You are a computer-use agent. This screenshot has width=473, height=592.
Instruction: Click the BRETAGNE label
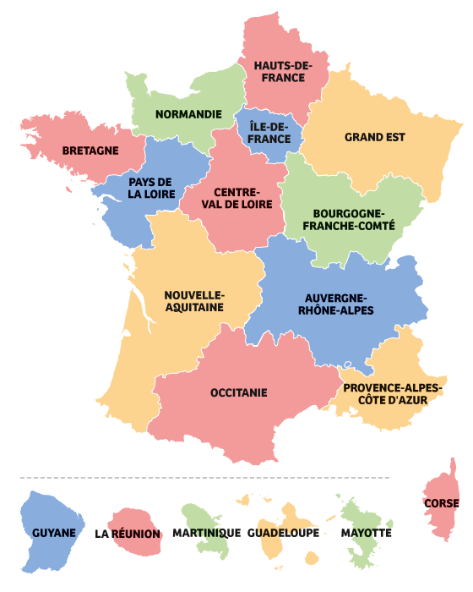point(90,151)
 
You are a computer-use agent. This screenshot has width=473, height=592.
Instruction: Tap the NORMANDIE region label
point(188,114)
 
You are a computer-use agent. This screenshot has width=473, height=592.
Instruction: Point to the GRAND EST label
point(375,137)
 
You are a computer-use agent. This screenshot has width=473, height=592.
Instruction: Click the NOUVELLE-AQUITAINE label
point(194,301)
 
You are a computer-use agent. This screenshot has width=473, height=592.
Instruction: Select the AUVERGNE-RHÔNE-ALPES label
point(334,304)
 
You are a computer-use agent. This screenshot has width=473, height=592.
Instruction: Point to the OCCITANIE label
point(239,392)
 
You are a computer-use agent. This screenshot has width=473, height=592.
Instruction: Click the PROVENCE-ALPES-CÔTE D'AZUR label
point(393,393)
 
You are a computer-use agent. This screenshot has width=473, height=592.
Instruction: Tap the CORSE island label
point(442,504)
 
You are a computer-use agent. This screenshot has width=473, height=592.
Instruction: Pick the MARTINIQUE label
point(205,534)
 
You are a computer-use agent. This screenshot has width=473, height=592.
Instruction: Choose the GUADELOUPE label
point(284,534)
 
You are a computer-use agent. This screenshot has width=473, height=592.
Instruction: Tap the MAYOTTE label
point(367,534)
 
